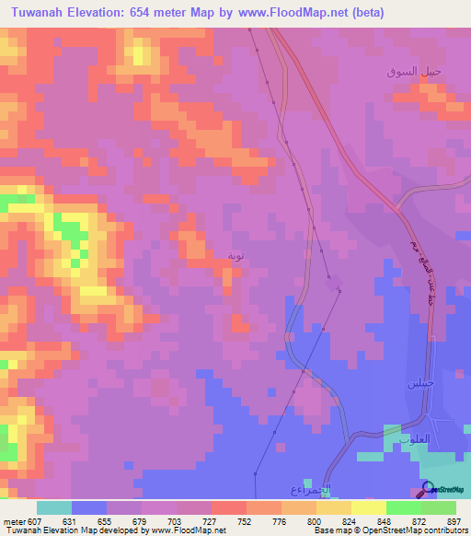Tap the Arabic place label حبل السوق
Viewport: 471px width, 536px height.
(x=414, y=71)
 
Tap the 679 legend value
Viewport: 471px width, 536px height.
(x=141, y=520)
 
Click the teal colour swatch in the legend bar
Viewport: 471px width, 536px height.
(x=54, y=507)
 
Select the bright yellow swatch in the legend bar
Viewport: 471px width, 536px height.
(x=369, y=507)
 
